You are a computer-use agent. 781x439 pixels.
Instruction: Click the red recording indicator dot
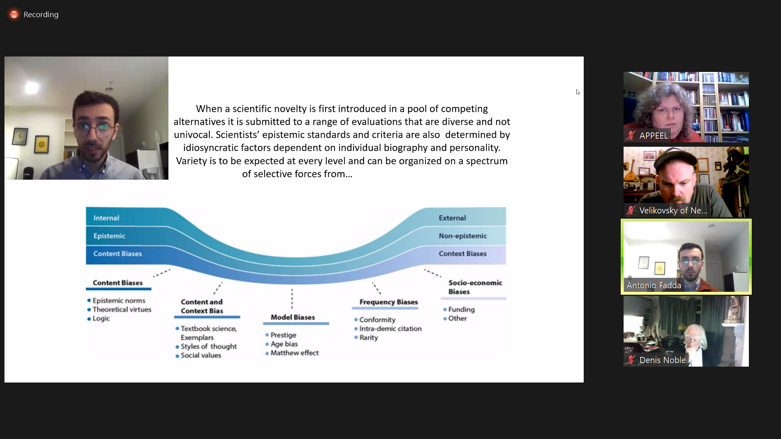coord(14,15)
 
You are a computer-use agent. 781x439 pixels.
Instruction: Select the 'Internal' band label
coord(106,218)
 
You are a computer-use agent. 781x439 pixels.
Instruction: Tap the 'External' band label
coord(452,218)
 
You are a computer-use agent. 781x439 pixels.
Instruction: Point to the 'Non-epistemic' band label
coord(462,236)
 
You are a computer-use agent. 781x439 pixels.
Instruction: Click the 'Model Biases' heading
coord(293,317)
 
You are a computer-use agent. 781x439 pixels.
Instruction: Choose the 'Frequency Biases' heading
coord(388,302)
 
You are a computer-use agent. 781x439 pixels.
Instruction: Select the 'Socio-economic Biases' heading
coord(475,287)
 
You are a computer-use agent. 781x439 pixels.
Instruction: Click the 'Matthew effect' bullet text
coord(295,353)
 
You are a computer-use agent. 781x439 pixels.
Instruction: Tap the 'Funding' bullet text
coord(461,309)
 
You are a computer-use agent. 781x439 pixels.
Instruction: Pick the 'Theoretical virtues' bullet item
coord(122,309)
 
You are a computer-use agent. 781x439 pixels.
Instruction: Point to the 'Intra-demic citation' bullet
coord(390,328)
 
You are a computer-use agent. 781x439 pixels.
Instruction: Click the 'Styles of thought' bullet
coord(209,346)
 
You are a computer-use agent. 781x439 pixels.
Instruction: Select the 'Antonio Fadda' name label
coord(654,285)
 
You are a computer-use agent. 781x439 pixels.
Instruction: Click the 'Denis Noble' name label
coord(662,360)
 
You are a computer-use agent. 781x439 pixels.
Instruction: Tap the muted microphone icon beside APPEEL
coord(631,136)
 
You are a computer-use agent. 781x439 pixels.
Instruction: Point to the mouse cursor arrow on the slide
coord(578,92)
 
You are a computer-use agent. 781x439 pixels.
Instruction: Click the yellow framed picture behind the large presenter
coord(41,144)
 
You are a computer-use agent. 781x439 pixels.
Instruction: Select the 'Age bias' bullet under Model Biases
coord(284,344)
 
